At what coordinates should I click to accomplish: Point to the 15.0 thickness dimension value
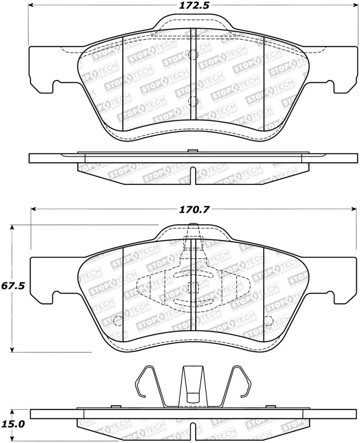click(12, 424)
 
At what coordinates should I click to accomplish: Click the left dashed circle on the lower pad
click(118, 321)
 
